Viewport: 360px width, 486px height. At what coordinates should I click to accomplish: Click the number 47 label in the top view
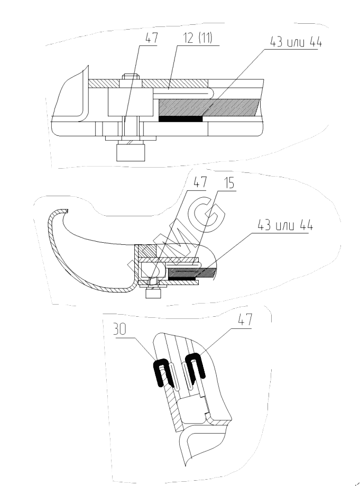coord(151,38)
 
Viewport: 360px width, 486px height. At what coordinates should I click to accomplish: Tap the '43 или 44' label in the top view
coord(296,42)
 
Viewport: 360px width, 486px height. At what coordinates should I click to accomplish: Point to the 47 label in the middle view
coord(200,182)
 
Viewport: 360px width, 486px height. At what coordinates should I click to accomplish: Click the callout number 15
coord(229,184)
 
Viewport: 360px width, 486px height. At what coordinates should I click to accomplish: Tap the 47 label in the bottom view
coord(245,319)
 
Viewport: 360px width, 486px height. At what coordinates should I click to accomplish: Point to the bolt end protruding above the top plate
coord(131,76)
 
